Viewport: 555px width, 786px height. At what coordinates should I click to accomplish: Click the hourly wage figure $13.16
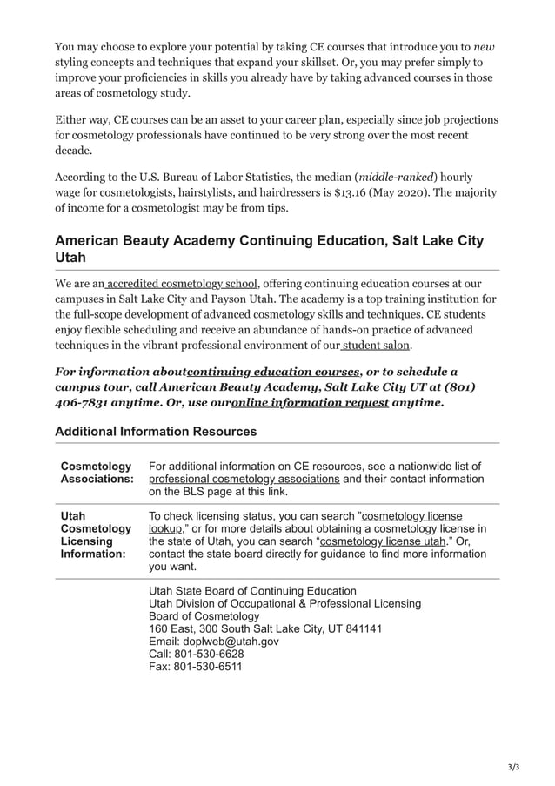350,190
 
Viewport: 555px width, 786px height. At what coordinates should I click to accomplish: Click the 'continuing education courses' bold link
273,372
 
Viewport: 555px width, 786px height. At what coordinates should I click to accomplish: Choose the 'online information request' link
310,403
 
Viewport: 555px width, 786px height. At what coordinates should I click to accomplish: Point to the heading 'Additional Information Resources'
156,432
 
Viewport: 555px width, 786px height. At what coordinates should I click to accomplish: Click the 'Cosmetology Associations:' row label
97,473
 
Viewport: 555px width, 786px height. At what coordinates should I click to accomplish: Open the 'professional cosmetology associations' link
244,479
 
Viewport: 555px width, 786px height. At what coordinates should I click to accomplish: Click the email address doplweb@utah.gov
214,641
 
